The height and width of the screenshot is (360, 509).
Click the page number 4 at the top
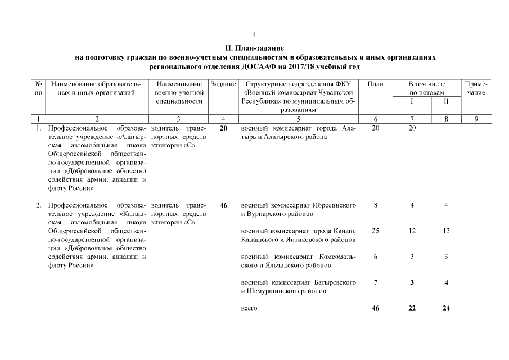(255, 34)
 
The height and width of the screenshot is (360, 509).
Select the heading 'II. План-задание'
(255, 48)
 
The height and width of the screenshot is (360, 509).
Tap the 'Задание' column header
(223, 84)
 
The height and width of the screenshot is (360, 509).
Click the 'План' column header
(375, 84)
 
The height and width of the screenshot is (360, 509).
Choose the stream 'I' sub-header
(412, 101)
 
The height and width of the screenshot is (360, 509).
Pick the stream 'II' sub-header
(445, 101)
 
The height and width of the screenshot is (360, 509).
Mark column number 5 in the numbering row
(298, 119)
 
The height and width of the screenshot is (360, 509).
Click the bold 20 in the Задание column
(223, 128)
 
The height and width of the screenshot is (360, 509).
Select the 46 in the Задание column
(223, 205)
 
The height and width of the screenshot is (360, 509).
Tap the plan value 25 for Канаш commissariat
(375, 231)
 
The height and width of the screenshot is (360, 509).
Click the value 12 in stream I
(412, 231)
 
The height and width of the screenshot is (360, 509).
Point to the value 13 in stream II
(445, 231)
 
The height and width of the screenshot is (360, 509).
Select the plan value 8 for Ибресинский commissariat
(375, 205)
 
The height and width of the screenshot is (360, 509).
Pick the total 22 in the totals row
(412, 308)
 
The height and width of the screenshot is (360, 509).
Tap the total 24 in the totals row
(445, 308)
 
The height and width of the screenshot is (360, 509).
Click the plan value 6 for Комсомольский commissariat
(375, 256)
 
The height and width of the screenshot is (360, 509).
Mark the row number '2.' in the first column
(39, 205)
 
